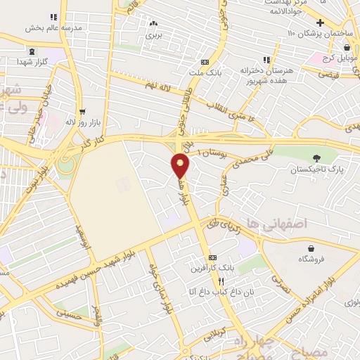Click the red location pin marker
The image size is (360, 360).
(x=181, y=165)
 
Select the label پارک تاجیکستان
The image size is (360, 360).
(x=316, y=169)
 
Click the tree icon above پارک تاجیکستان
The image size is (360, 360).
(x=316, y=158)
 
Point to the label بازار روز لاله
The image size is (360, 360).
(x=82, y=122)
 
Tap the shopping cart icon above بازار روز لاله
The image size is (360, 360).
(x=82, y=111)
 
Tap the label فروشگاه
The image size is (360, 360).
(x=310, y=259)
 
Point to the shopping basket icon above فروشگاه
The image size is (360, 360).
(x=310, y=247)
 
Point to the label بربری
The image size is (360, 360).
(x=153, y=34)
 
